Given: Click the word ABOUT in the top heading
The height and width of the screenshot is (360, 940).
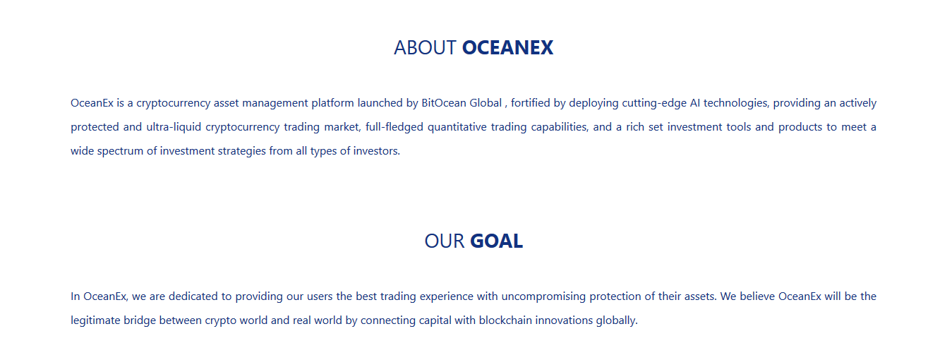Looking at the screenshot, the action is [425, 48].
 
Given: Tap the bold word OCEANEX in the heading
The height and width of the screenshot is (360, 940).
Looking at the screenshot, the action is [508, 48].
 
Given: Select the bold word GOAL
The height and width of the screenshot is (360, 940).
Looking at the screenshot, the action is [496, 241].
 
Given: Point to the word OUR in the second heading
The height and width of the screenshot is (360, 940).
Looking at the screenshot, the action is [445, 241].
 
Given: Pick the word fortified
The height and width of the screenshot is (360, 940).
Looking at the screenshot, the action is [530, 103].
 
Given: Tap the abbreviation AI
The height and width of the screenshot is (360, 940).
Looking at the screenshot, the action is [695, 103].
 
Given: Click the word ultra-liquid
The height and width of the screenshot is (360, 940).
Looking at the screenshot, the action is [174, 128].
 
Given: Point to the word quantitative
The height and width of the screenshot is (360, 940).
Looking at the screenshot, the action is [457, 128].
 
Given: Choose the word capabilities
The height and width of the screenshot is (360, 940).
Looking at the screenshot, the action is [560, 128].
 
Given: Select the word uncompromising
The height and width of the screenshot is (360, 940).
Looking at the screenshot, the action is [543, 297].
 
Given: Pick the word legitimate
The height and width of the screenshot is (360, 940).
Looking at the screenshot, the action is [95, 321].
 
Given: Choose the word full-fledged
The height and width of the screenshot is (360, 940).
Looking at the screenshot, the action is [394, 128].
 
